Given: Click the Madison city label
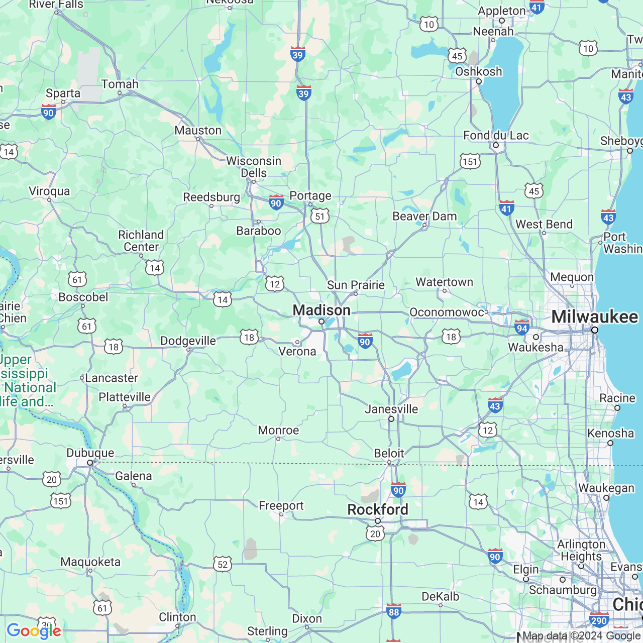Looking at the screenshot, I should coord(321,310).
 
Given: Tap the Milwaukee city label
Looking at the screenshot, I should coord(595,317).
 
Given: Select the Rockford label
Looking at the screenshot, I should coord(378,509).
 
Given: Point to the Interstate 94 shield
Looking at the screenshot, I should coord(522,328).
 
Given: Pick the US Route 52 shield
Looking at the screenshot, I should coord(223,564).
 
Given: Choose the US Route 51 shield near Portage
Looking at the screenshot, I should coord(320,216).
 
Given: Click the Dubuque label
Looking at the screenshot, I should coord(90,453).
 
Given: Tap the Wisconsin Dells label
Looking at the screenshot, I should coord(254,167).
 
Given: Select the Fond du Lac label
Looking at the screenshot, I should coord(496,136).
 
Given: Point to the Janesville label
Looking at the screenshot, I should coord(391,409).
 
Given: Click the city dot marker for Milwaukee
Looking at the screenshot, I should coord(595,330).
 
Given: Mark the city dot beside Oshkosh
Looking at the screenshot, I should coord(479,81).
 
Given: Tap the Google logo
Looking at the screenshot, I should coord(34,631).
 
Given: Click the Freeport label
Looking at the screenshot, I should coord(281,505).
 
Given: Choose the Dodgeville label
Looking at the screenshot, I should coord(188,341).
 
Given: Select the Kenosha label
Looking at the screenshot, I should coord(610,433).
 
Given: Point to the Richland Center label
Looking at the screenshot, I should coord(141,241).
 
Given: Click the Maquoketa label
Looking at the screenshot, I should coord(90,562).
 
